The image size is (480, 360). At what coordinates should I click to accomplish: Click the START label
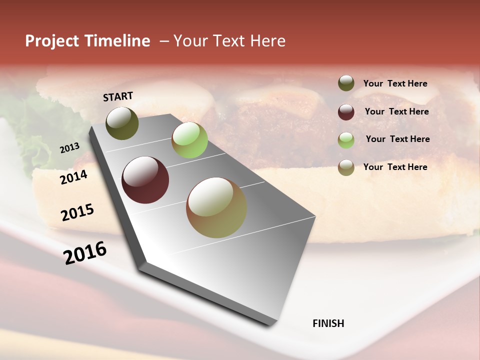(x=118, y=96)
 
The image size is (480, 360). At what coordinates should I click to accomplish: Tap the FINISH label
(x=328, y=323)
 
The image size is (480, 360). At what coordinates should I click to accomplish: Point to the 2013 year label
(x=69, y=148)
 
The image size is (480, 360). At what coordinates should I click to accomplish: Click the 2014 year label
(x=73, y=177)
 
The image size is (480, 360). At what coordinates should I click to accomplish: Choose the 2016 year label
(x=85, y=253)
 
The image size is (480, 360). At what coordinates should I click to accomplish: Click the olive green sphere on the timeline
(x=122, y=123)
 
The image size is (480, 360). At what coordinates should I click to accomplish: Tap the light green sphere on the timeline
(x=189, y=140)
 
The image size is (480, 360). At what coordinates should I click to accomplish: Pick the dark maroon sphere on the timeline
(x=145, y=180)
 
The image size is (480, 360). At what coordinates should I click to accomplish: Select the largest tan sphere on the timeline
(x=216, y=207)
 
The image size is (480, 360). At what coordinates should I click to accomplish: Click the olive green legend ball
(x=346, y=83)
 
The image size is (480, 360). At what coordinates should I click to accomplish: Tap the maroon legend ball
(x=346, y=112)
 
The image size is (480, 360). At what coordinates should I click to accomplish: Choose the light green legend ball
(x=346, y=140)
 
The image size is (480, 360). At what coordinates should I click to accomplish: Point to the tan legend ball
(x=346, y=167)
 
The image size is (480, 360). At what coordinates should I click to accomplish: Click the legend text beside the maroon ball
(x=396, y=111)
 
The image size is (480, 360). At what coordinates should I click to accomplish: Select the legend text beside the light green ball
(x=397, y=139)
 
